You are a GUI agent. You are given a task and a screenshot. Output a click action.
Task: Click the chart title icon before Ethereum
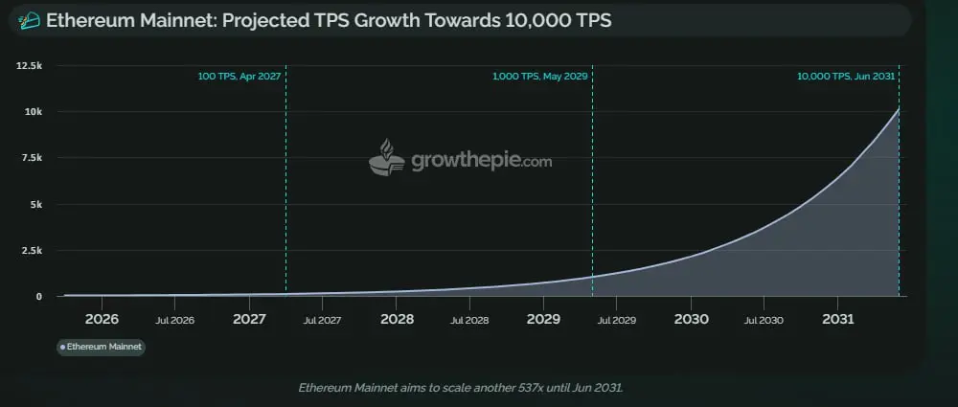[x=31, y=21]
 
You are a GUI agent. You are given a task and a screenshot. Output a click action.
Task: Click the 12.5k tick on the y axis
[x=28, y=65]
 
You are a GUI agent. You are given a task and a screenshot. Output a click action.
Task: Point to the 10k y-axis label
[x=33, y=112]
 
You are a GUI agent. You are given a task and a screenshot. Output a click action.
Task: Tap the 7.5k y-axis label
[x=30, y=158]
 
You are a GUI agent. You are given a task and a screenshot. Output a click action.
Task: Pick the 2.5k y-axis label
[x=30, y=250]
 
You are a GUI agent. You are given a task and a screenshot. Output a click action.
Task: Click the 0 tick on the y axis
[x=39, y=296]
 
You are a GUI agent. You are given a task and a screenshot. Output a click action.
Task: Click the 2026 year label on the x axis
[x=102, y=319]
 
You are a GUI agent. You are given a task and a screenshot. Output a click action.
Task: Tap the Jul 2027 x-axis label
[x=323, y=320]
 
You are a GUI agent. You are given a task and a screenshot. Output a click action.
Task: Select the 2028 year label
[x=397, y=319]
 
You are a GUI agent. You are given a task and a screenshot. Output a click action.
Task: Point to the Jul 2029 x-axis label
[x=617, y=320]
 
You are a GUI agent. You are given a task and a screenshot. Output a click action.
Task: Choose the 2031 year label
[x=838, y=319]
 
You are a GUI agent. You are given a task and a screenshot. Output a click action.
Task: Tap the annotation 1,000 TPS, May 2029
[x=539, y=76]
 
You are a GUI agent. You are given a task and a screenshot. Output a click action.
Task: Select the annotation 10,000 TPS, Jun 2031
[x=846, y=76]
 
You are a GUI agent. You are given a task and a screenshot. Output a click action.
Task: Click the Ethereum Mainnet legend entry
[x=101, y=347]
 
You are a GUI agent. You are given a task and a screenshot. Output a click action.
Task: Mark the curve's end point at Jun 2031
[x=899, y=108]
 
